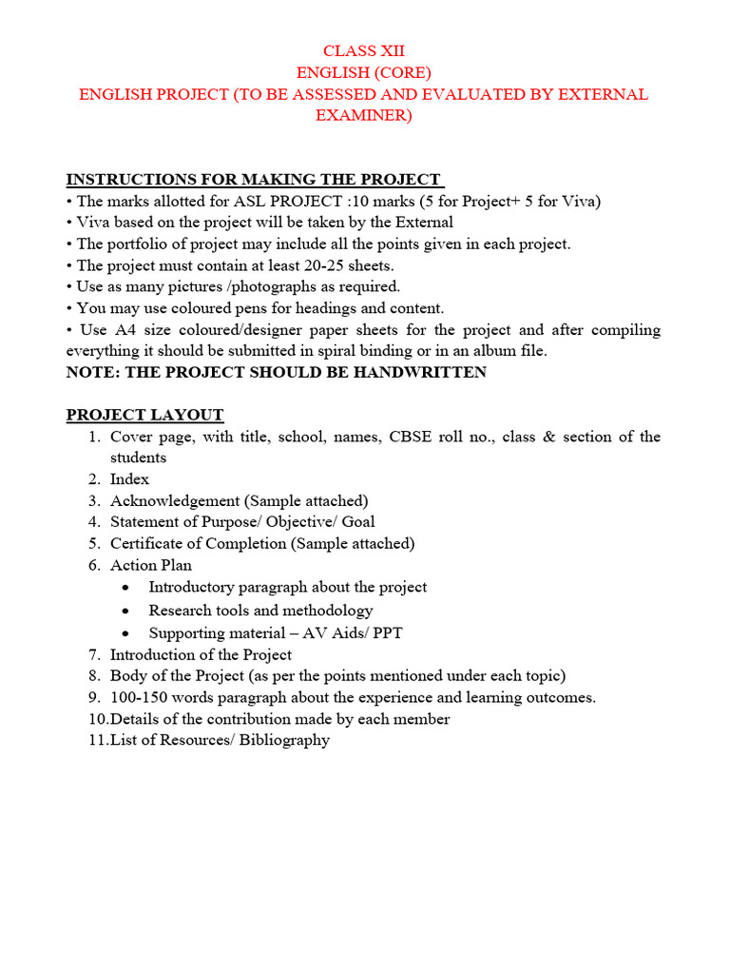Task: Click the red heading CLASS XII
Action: (364, 51)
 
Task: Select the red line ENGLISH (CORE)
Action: (364, 73)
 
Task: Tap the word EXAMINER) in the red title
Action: (364, 116)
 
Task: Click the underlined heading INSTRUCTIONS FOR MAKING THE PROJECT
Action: (254, 180)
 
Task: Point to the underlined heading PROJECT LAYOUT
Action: (144, 415)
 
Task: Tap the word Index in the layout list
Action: (129, 479)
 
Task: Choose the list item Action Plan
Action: (150, 565)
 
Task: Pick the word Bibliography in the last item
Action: (285, 740)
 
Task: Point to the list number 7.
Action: (94, 654)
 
